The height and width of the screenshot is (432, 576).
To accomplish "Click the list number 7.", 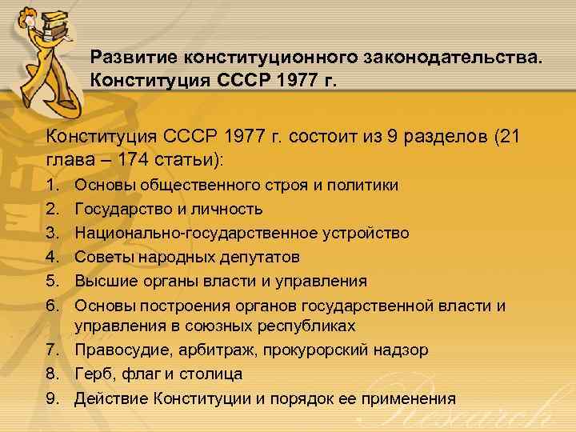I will click(x=53, y=350).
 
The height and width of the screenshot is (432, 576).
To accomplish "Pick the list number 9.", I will click(x=53, y=398).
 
